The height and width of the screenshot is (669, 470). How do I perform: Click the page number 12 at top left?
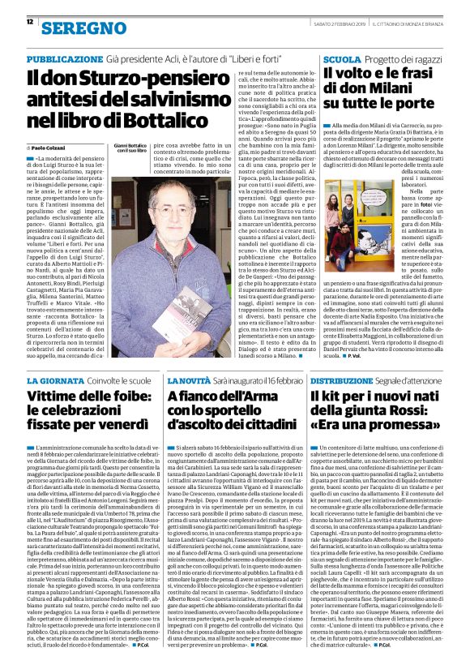coord(28,21)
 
